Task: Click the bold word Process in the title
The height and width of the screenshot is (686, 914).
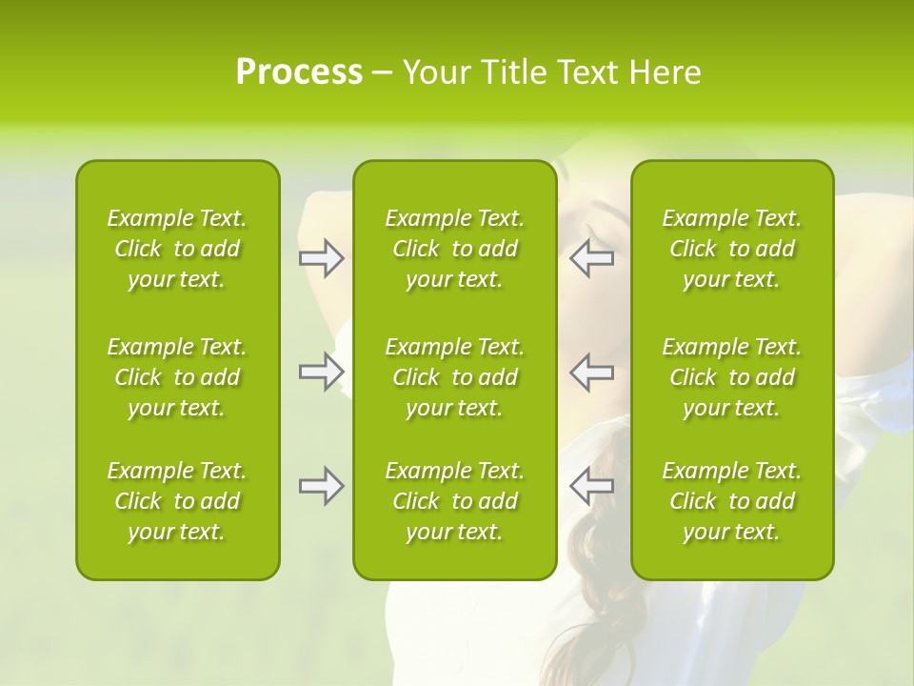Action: click(x=299, y=72)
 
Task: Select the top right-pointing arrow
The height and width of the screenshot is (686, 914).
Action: click(x=321, y=258)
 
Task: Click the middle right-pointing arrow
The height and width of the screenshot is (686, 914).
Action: click(x=321, y=371)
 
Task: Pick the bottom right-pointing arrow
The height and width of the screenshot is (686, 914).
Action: click(x=321, y=486)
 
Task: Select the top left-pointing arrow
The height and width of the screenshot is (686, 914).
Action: click(x=592, y=258)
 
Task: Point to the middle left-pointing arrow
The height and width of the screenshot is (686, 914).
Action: click(x=592, y=371)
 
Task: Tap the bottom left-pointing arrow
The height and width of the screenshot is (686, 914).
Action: click(x=592, y=486)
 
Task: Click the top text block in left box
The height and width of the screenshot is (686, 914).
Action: click(x=177, y=249)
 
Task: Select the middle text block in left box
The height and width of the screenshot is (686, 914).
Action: click(x=177, y=377)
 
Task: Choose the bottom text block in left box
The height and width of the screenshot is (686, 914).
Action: click(x=177, y=501)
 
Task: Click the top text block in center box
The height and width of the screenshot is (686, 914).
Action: click(x=454, y=249)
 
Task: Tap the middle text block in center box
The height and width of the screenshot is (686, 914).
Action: click(x=454, y=377)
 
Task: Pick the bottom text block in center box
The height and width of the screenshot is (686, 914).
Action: click(x=454, y=501)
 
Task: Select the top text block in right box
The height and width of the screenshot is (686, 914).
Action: click(x=731, y=249)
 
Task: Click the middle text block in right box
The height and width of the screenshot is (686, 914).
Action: click(x=731, y=377)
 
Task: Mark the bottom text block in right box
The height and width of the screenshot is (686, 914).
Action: click(x=731, y=501)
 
